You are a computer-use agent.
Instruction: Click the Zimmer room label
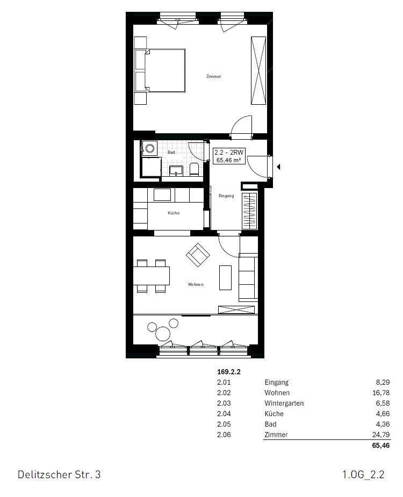click(213, 77)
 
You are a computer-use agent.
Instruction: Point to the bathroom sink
click(176, 171)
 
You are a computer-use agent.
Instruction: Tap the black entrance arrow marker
click(278, 167)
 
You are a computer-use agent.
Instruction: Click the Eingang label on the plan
click(226, 196)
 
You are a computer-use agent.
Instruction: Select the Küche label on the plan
click(174, 213)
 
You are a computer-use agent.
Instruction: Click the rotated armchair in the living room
click(197, 255)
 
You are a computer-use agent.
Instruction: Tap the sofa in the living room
click(248, 277)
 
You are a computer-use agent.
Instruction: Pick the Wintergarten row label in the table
click(284, 404)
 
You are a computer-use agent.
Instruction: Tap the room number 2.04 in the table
click(224, 414)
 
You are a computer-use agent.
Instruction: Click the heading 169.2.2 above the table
click(228, 371)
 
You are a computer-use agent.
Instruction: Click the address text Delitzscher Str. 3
click(59, 475)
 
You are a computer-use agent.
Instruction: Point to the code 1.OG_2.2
click(363, 475)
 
